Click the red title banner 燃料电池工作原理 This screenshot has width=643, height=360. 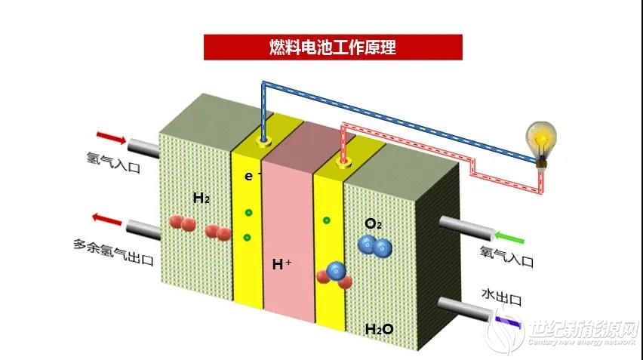(x=333, y=47)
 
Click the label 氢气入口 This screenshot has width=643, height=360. (x=113, y=163)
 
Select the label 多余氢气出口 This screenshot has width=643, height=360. (x=114, y=252)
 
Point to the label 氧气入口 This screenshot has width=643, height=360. (x=507, y=257)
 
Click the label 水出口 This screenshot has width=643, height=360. (x=502, y=297)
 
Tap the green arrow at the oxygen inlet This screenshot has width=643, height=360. (x=509, y=238)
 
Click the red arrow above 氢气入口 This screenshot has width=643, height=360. (x=111, y=138)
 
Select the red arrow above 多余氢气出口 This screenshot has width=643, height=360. (x=106, y=219)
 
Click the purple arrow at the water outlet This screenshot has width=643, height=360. (x=509, y=322)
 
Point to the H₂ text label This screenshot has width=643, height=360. (x=202, y=198)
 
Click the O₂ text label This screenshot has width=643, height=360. (x=373, y=224)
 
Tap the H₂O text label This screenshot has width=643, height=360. (x=380, y=329)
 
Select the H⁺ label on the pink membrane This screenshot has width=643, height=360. (x=282, y=264)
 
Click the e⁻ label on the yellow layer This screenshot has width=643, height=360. (x=251, y=176)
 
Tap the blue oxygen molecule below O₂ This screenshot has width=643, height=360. (x=375, y=247)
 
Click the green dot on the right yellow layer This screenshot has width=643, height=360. (x=327, y=220)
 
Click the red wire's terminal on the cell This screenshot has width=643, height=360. (x=343, y=162)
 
